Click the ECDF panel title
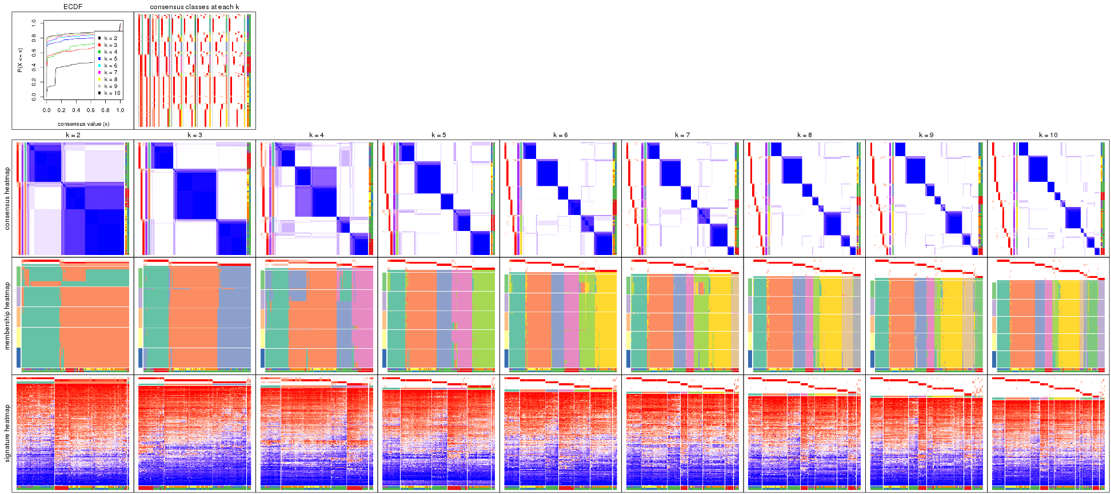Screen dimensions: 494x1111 [73, 7]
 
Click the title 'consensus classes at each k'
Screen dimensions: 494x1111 [194, 7]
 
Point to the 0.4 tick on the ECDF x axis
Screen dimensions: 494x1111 [76, 110]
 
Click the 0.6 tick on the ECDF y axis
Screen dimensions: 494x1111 [34, 53]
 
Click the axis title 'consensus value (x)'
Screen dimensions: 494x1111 [83, 124]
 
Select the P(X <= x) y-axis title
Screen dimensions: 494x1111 [20, 60]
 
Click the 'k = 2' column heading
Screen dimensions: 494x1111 [73, 136]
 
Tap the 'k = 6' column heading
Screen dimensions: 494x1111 [560, 136]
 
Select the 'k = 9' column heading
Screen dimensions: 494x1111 [926, 136]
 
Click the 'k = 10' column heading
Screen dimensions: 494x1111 [1048, 136]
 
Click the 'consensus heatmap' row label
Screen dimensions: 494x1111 [7, 199]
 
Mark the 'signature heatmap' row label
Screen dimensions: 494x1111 [7, 433]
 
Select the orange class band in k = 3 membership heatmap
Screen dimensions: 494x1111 [194, 317]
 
